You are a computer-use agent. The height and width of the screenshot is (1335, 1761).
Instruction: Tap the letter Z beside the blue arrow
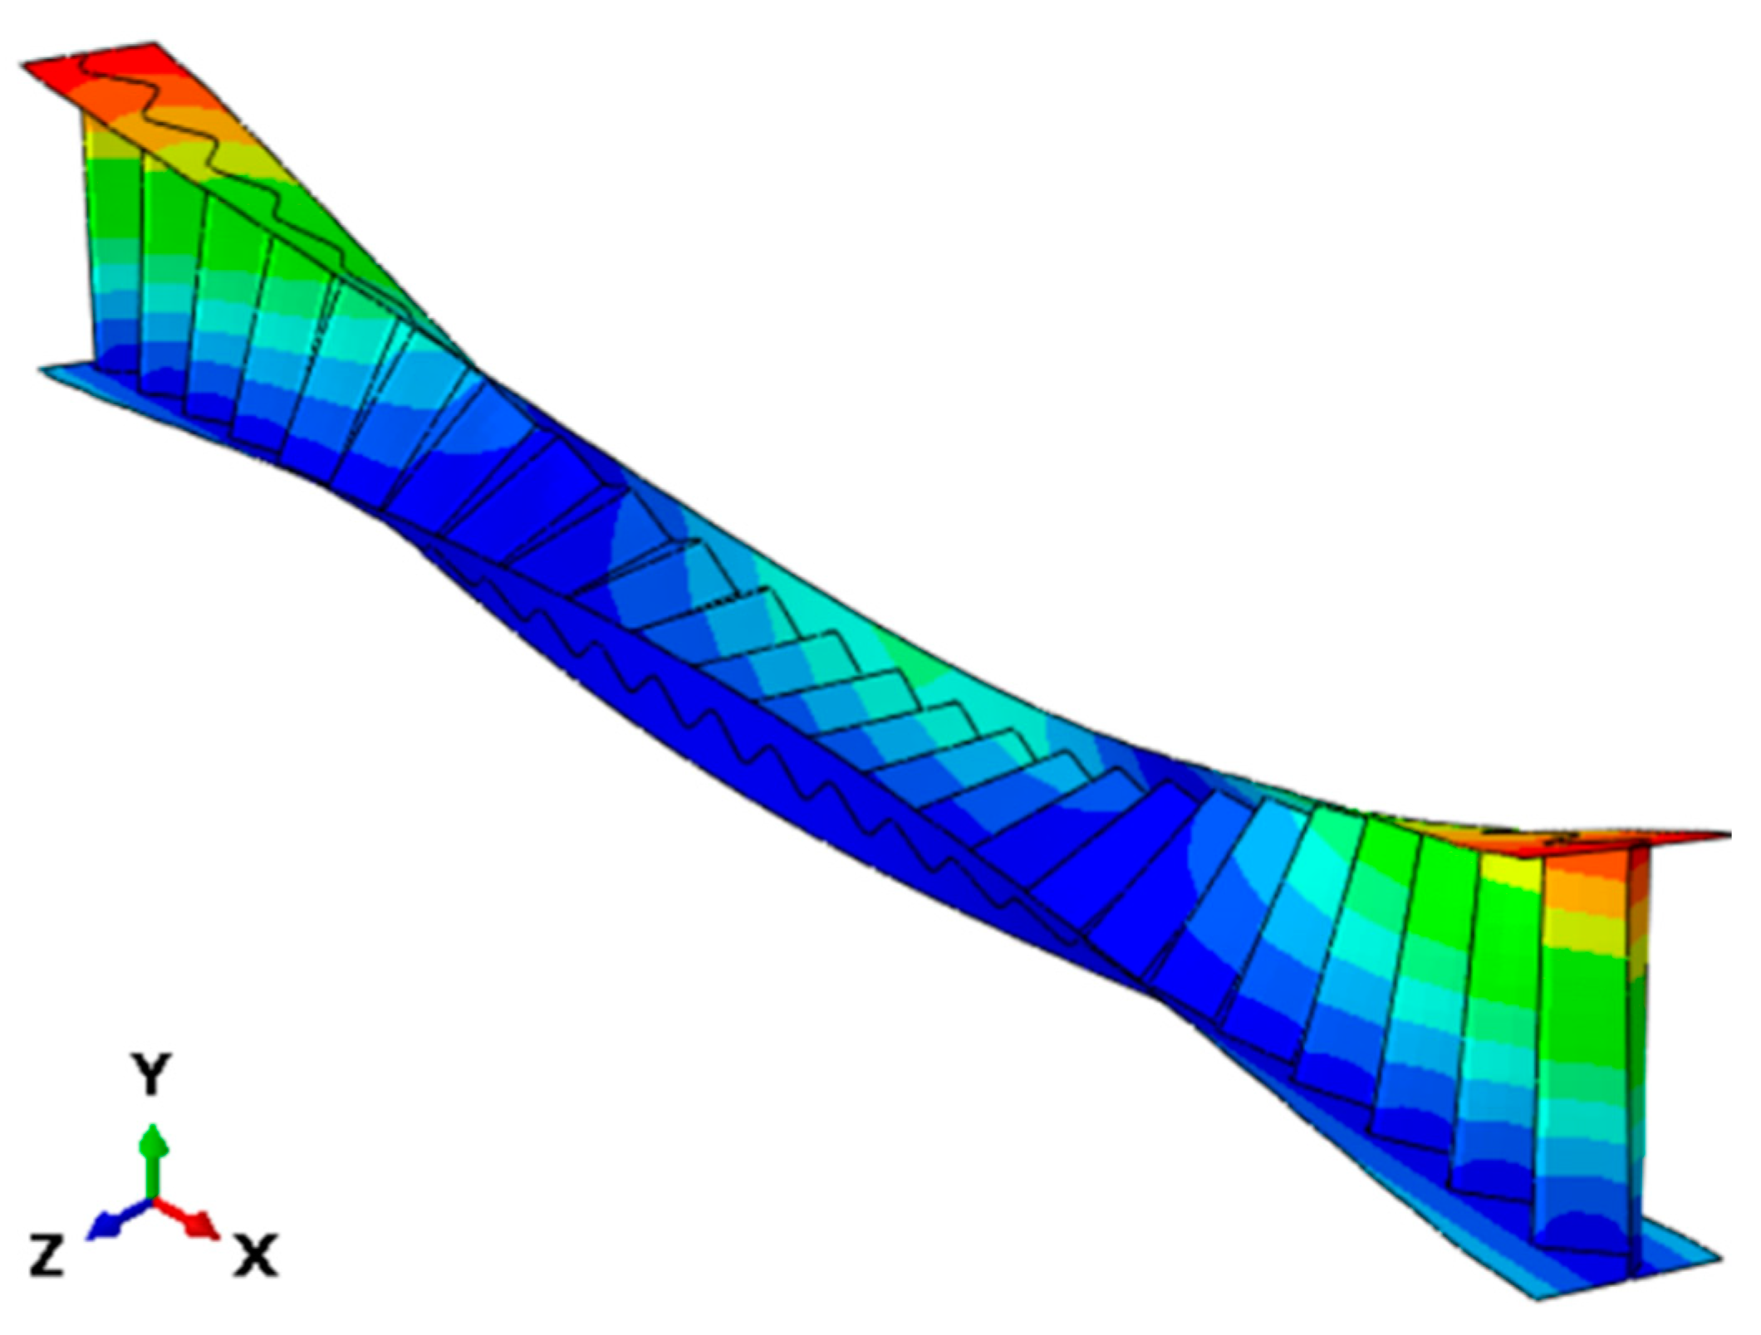47,1254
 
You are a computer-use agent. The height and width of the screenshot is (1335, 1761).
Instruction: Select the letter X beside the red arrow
255,1254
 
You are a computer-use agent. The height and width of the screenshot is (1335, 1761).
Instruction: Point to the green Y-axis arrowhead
151,1139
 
